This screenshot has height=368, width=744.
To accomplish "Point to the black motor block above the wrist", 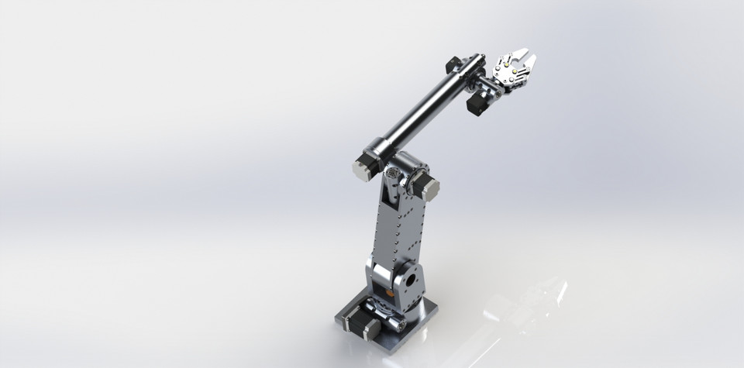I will click(x=454, y=64).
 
